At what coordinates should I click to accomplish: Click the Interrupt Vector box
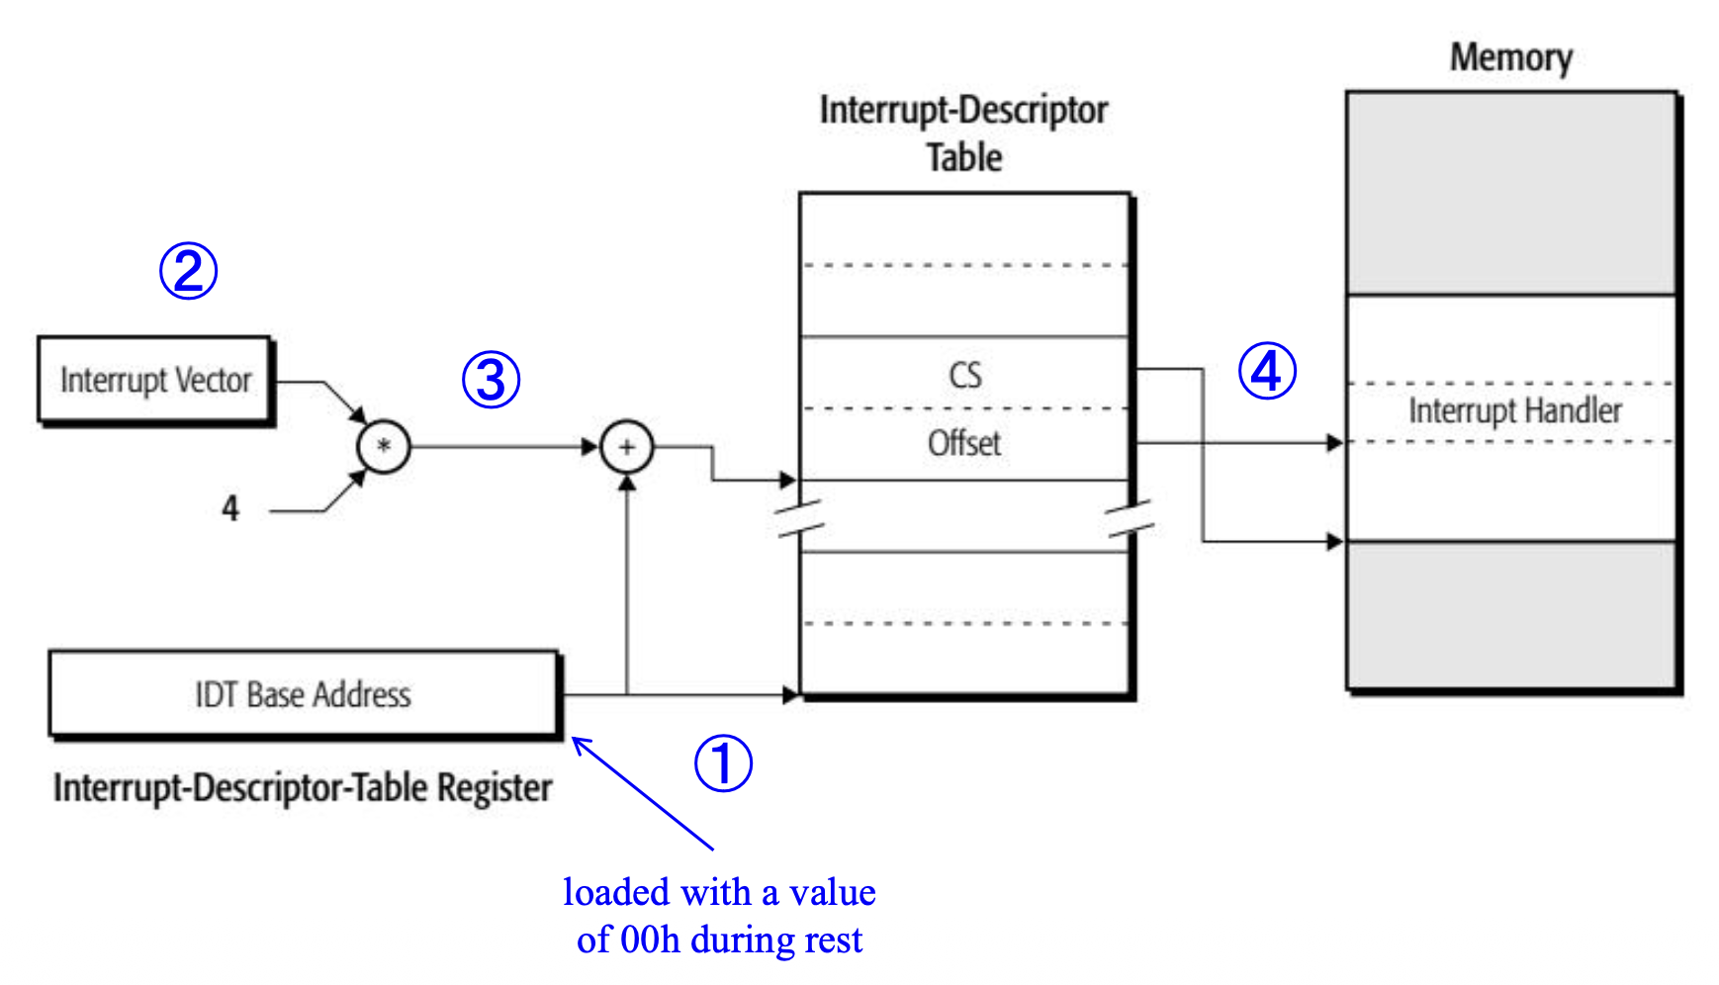pyautogui.click(x=155, y=381)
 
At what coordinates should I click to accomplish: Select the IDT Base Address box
pyautogui.click(x=303, y=694)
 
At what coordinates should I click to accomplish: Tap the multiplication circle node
pyautogui.click(x=384, y=446)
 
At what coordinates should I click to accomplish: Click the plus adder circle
pyautogui.click(x=627, y=446)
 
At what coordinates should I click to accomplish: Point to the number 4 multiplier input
pyautogui.click(x=230, y=508)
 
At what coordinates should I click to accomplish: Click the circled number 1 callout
pyautogui.click(x=723, y=763)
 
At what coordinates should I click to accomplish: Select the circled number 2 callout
pyautogui.click(x=188, y=271)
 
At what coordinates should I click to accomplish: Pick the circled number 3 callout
pyautogui.click(x=491, y=380)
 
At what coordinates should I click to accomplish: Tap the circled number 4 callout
pyautogui.click(x=1267, y=372)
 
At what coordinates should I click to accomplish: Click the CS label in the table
pyautogui.click(x=965, y=376)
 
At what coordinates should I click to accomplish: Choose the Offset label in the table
pyautogui.click(x=964, y=443)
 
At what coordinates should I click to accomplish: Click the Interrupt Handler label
pyautogui.click(x=1514, y=410)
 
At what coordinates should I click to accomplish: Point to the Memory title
pyautogui.click(x=1510, y=57)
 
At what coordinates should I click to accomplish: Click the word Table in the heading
pyautogui.click(x=964, y=158)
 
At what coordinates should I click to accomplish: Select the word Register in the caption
pyautogui.click(x=495, y=788)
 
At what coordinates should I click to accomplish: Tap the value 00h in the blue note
pyautogui.click(x=650, y=940)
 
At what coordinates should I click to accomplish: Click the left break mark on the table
pyautogui.click(x=799, y=518)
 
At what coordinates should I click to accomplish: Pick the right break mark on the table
pyautogui.click(x=1130, y=518)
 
